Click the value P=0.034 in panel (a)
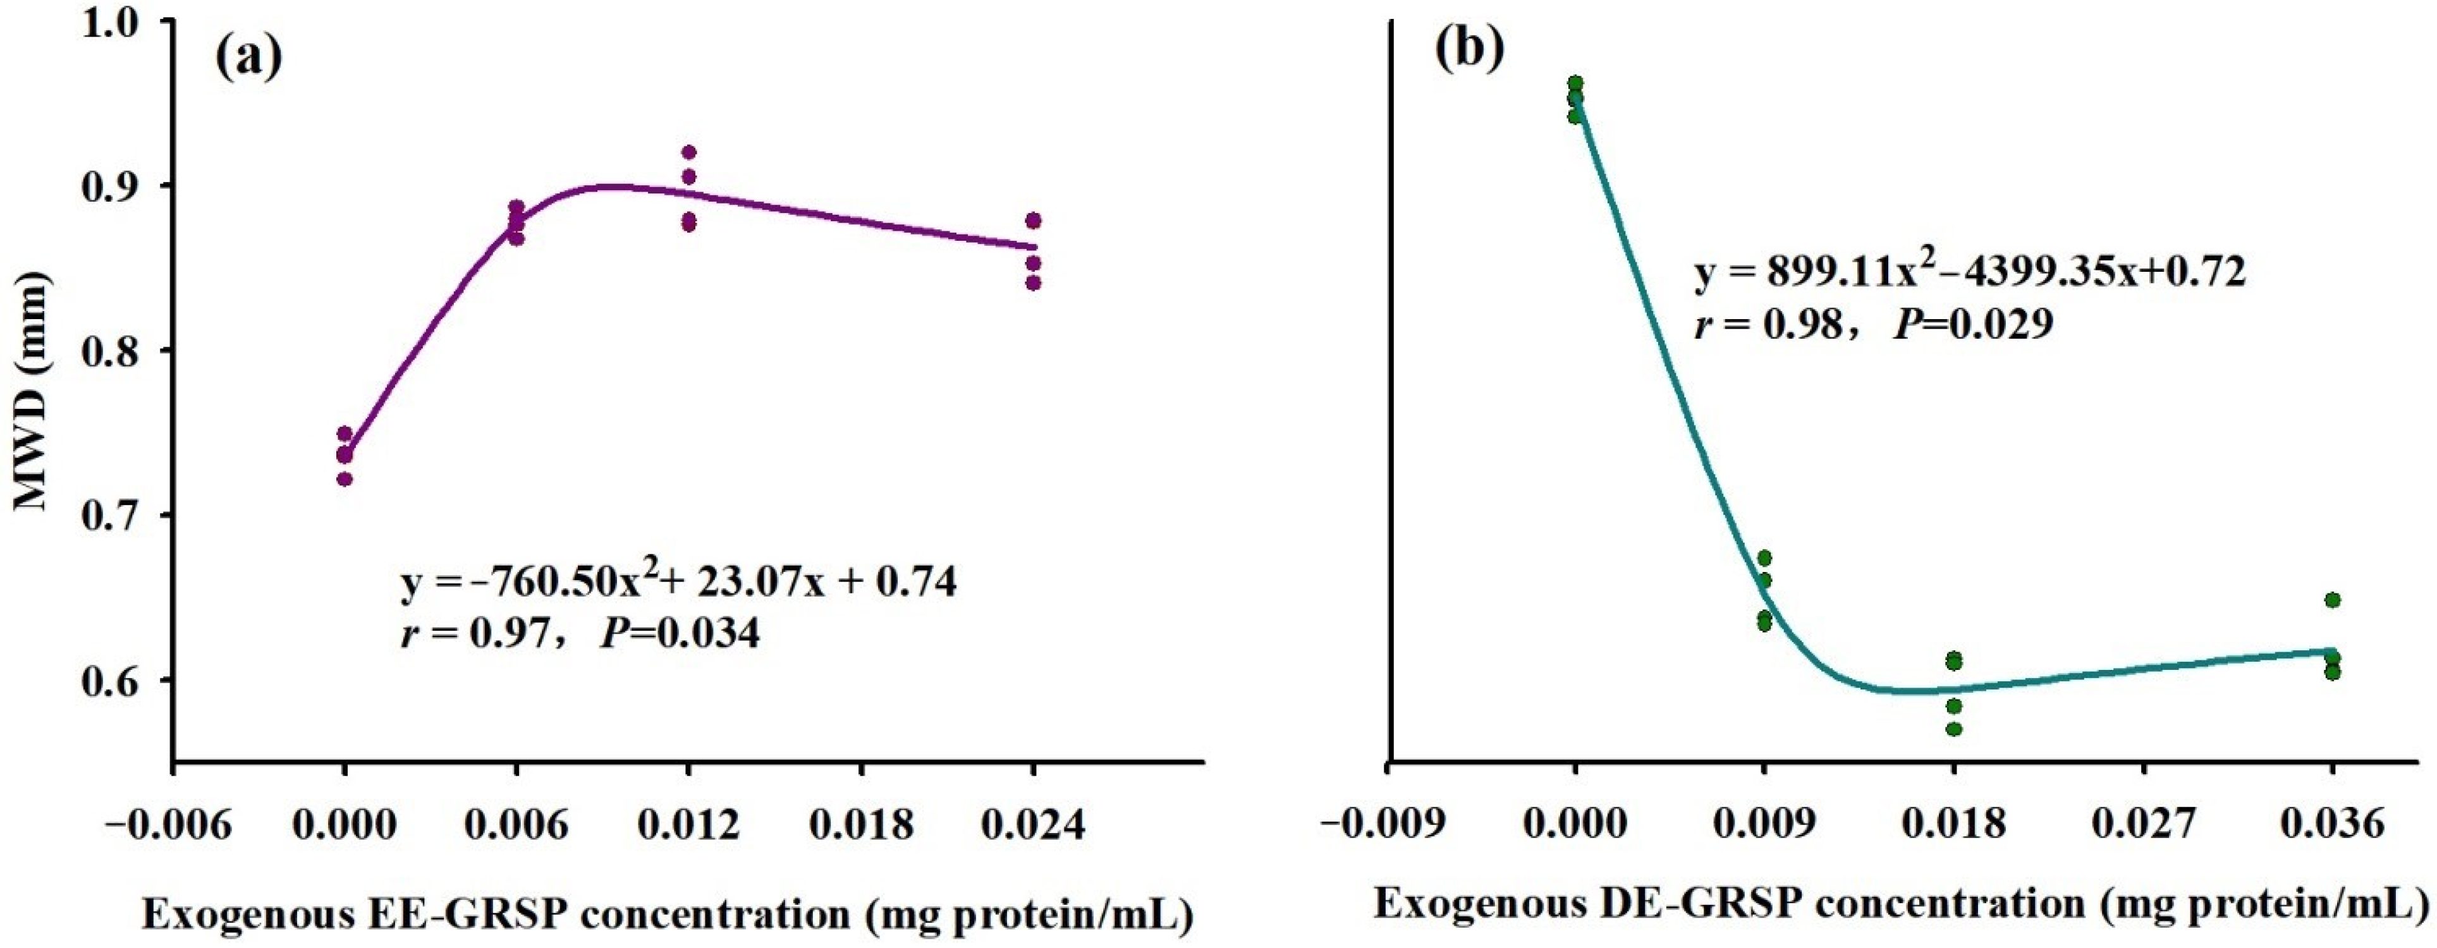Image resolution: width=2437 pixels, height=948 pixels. pos(679,633)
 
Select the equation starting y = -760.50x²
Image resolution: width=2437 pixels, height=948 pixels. pos(678,583)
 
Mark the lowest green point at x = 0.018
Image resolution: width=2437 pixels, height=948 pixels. pos(1953,729)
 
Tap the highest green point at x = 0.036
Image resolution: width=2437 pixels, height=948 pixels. pos(2332,600)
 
